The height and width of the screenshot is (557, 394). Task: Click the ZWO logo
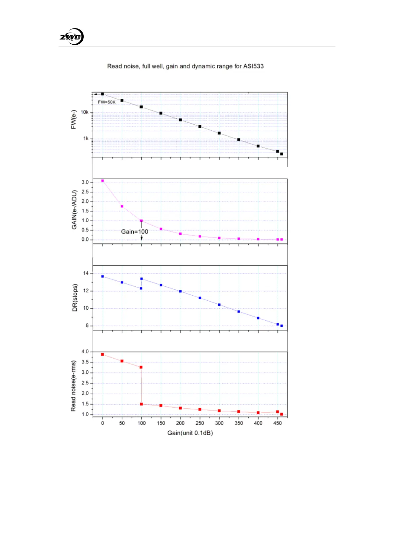(x=71, y=37)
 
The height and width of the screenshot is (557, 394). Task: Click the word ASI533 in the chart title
(x=253, y=66)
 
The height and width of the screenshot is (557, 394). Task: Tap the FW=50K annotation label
(x=107, y=102)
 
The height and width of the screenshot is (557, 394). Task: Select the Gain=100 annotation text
(x=134, y=232)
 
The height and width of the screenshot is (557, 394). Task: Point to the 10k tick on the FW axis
(x=85, y=112)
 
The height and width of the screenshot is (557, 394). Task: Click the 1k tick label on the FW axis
(x=86, y=139)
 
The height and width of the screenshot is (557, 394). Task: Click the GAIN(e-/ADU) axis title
(x=74, y=210)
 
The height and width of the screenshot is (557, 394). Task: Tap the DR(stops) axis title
(x=75, y=298)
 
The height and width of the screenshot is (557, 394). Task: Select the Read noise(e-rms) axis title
(x=73, y=386)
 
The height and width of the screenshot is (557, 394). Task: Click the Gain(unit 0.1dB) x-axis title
(x=190, y=433)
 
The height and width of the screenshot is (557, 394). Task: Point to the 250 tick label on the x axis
(x=200, y=423)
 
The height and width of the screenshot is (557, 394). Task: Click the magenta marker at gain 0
(x=103, y=181)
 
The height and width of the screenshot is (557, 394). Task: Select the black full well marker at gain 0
(x=103, y=94)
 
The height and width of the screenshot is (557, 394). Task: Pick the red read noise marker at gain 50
(x=122, y=361)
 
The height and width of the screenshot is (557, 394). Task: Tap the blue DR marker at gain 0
(x=103, y=276)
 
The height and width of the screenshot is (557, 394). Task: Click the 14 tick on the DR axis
(x=86, y=273)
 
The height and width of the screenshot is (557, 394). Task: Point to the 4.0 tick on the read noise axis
(x=85, y=352)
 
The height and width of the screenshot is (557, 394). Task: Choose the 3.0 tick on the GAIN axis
(x=85, y=182)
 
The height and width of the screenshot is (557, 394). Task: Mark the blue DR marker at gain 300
(x=219, y=305)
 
